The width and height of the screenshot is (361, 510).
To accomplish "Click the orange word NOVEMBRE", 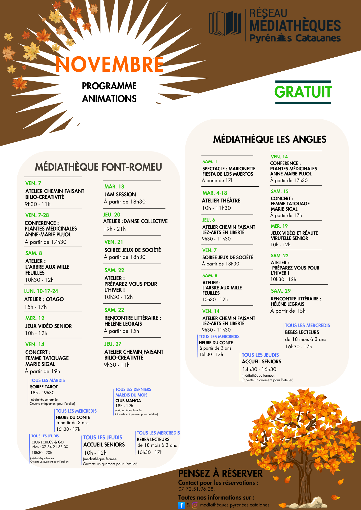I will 109,64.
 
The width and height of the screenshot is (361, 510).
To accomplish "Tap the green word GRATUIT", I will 303,92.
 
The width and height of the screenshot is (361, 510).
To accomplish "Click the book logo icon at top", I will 225,23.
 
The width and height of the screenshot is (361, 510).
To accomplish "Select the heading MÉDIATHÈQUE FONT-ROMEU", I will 98,167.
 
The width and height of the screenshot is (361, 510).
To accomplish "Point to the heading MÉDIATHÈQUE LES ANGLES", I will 270,139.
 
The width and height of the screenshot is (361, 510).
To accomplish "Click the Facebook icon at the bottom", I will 181,505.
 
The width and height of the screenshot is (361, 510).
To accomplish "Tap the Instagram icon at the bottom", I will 195,505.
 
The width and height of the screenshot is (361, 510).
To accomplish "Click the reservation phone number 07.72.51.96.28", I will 196,489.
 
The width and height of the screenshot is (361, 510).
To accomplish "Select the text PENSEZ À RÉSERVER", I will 220,474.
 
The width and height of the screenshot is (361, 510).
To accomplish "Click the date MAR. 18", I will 114,187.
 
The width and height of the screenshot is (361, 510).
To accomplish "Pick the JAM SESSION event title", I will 120,195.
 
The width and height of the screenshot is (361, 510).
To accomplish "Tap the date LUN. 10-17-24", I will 41,291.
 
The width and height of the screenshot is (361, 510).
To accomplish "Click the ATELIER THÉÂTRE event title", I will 221,201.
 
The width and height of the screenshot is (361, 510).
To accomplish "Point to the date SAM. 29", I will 281,291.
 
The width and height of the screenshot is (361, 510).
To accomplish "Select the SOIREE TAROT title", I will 44,387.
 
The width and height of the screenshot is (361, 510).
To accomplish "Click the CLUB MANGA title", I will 128,401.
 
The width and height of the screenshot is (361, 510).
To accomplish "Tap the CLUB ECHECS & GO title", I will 47,442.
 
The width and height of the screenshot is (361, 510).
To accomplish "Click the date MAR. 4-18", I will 214,193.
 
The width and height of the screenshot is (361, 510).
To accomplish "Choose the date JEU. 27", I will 113,344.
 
